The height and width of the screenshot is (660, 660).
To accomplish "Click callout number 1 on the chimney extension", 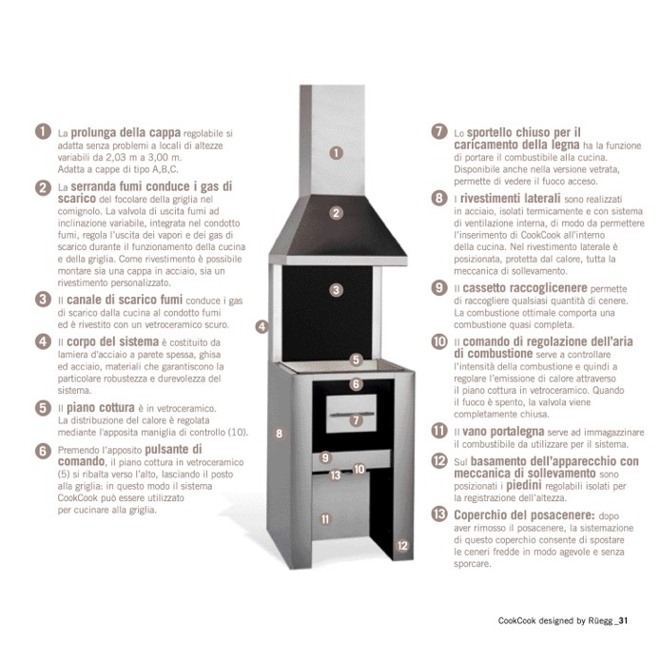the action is [x=336, y=153].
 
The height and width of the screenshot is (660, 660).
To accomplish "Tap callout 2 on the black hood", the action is [x=336, y=213].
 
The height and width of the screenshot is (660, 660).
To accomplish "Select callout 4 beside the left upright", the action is [x=262, y=326].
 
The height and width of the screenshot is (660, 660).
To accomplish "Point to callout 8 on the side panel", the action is [x=279, y=434].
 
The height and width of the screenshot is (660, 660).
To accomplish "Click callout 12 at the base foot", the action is [x=402, y=546].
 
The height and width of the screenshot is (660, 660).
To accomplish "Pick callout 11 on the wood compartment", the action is [x=325, y=519].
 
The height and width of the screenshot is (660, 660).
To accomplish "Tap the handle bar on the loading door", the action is [x=352, y=415].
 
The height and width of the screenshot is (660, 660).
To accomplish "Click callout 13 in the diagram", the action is [x=336, y=476].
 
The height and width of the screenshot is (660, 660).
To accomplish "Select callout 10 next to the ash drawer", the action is [x=359, y=469].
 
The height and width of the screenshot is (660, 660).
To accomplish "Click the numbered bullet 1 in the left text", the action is [x=43, y=131].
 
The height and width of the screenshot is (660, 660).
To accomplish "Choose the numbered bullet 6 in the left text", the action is [x=43, y=451].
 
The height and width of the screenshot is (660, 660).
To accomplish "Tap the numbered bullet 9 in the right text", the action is [x=439, y=287].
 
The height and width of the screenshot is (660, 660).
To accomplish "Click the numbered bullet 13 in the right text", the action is [x=439, y=514].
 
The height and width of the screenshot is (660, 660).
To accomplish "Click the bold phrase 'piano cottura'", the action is [x=101, y=408].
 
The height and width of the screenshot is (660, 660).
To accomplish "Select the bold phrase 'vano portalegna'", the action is [x=503, y=432].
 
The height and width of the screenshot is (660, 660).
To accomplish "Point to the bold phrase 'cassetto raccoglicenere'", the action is [x=525, y=288].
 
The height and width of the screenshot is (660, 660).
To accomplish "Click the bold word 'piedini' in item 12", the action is [x=524, y=486].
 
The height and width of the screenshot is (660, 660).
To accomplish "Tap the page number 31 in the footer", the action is [x=623, y=620].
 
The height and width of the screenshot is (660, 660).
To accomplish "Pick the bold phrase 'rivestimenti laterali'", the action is [x=510, y=198].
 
